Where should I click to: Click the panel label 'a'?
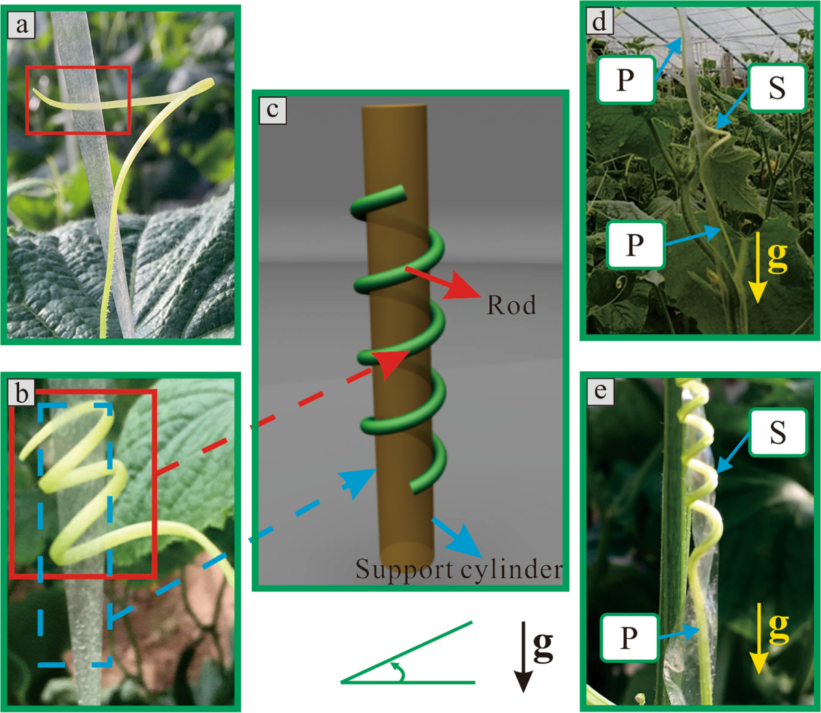coord(23,26)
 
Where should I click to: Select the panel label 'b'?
coord(23,393)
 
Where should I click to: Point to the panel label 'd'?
coord(600,21)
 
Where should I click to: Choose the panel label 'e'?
coord(600,391)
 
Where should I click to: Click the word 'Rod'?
coord(511,305)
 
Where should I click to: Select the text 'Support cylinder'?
coord(458,569)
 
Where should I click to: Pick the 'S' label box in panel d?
coord(777,88)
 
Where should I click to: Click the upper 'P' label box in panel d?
coord(625,80)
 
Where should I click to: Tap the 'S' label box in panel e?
coord(777,433)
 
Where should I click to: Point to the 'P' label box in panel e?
coord(629,638)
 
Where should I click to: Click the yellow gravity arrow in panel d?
coord(756,273)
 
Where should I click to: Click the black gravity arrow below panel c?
coord(523,656)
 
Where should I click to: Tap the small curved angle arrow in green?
coord(398,671)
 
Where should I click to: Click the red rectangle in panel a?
coord(78,100)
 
